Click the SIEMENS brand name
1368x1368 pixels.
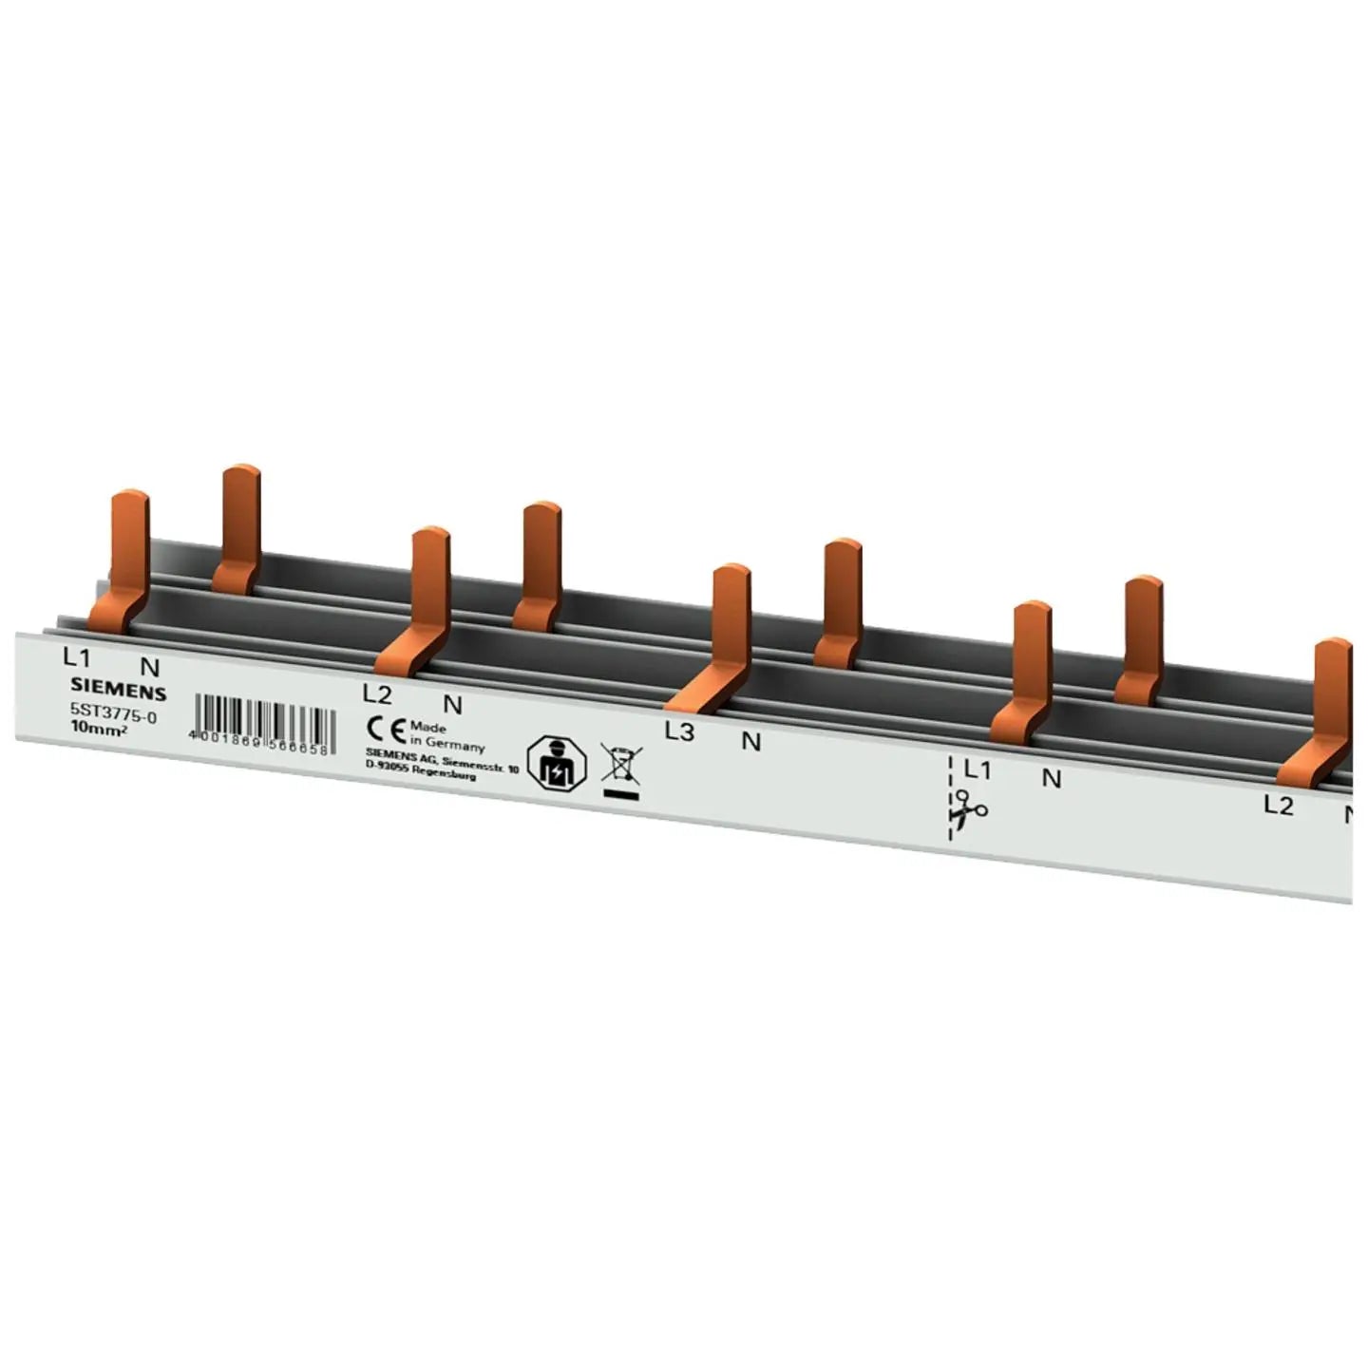118,691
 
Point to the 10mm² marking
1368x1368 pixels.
100,729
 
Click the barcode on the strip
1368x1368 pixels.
262,722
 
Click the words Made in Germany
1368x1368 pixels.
446,736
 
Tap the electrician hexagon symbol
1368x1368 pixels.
556,763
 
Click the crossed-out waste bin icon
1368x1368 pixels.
621,766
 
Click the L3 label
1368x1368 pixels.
679,732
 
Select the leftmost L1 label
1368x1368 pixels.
76,656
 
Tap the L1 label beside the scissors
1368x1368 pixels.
977,769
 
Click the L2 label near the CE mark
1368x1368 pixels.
377,693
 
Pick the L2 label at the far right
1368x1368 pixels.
1278,806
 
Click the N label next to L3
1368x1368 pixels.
750,742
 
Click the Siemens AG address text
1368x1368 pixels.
441,768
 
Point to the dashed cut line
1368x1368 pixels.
950,798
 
